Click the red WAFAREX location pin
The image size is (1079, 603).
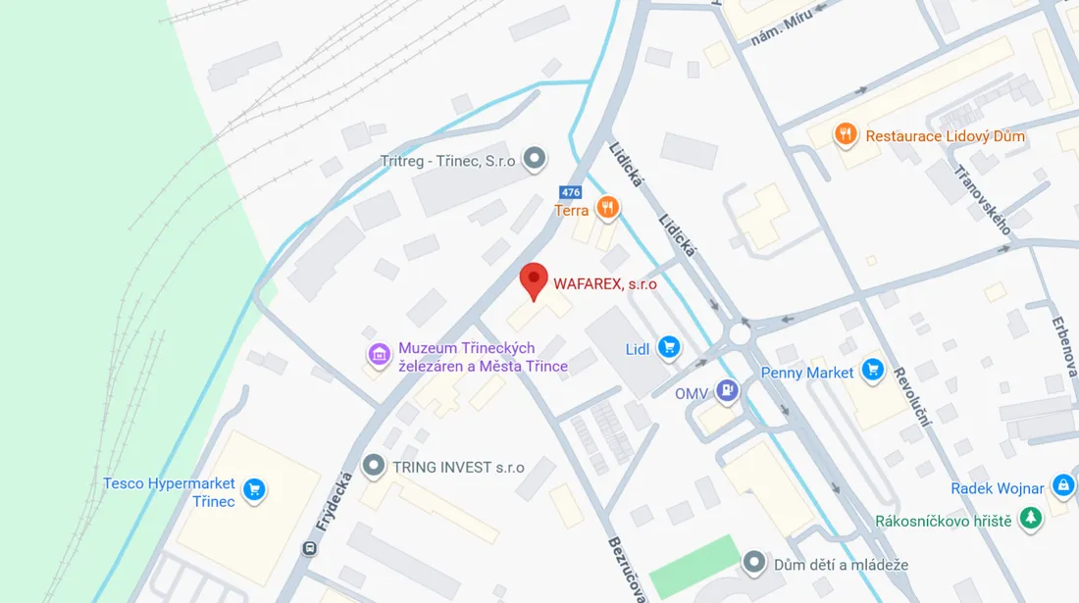tap(533, 280)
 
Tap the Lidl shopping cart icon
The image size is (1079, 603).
tap(669, 347)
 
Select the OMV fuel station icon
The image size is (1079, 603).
tap(727, 392)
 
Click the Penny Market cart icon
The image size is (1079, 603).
tap(872, 370)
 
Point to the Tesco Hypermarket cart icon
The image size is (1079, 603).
tap(255, 489)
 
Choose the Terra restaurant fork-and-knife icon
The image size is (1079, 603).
tap(608, 207)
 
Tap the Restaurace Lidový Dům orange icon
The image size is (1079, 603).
tap(846, 134)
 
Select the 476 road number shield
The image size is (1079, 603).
tap(570, 192)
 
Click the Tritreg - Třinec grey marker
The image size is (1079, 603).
tap(534, 157)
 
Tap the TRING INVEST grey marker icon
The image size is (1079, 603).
tap(373, 466)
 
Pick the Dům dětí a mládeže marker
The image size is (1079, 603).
tap(753, 562)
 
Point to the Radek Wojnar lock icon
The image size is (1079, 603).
tap(1063, 484)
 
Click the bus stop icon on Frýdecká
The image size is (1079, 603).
tap(310, 549)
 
